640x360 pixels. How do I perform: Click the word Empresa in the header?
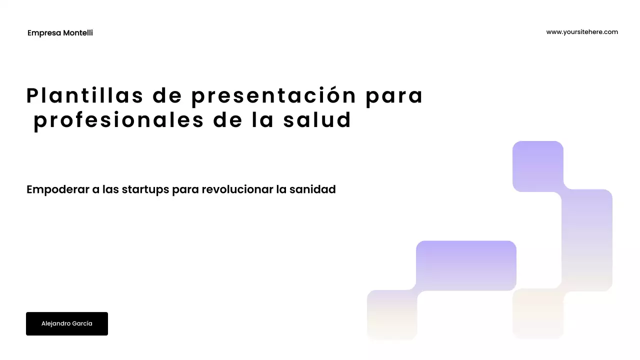coord(44,33)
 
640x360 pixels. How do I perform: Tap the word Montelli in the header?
coord(78,33)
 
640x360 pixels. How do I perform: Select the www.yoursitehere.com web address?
coord(582,32)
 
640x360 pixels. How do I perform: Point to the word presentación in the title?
coord(273,95)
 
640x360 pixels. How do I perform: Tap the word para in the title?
coord(394,95)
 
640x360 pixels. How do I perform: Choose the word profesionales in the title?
coord(118,120)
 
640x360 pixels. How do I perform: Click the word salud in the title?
coord(317,120)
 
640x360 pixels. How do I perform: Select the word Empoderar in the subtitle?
coord(57,190)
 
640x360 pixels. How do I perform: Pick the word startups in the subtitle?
coord(145,190)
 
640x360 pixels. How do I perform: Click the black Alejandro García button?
coord(67,323)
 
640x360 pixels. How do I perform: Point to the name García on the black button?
coord(82,323)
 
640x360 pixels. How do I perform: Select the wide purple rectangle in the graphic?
coord(466,265)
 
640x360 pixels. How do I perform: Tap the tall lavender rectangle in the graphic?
coord(587,239)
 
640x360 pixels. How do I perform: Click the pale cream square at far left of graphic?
coord(392,314)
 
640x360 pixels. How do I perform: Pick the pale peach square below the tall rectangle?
coord(538,313)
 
